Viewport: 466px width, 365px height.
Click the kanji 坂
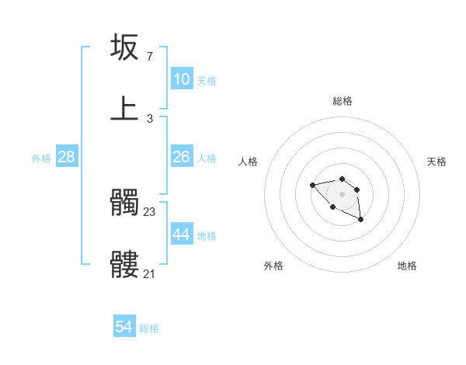[125, 47]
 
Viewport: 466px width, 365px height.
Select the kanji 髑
[125, 203]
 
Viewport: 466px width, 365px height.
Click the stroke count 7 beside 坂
[149, 56]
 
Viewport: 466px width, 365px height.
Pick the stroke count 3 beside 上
[149, 118]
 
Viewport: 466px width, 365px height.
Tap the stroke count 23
[150, 211]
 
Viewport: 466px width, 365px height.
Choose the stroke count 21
[150, 273]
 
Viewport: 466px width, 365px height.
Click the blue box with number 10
[182, 79]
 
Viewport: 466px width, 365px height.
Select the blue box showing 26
[182, 157]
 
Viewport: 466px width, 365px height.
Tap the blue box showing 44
[182, 235]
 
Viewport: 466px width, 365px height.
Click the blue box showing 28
[67, 157]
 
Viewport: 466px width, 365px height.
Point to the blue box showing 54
[124, 328]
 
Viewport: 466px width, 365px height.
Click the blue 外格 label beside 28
[41, 158]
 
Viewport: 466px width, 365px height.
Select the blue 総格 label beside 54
[149, 329]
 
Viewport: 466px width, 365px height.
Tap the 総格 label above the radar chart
[343, 101]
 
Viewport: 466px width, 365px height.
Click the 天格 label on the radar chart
[436, 162]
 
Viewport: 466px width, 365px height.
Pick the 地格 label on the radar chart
[407, 266]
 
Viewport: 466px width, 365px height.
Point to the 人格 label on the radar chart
[249, 162]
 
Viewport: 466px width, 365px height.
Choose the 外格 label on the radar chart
[273, 266]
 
